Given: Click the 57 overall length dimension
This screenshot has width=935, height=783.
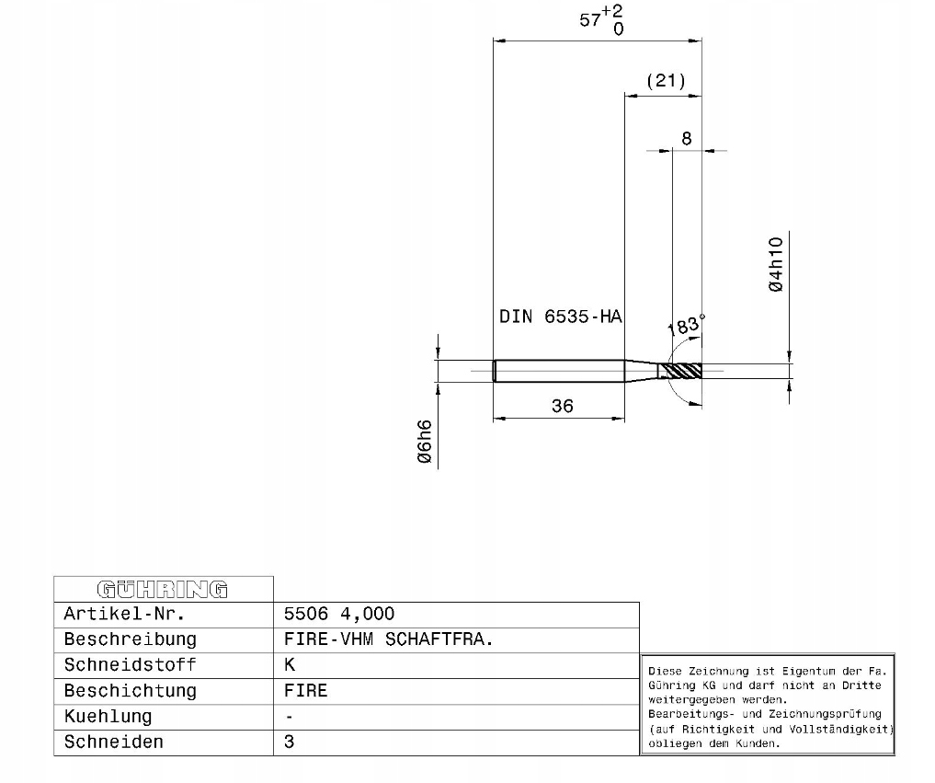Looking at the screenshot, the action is (x=589, y=20).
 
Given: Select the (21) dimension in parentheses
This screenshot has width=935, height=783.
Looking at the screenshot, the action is (x=666, y=81).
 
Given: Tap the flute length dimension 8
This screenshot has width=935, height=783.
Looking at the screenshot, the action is (x=687, y=138).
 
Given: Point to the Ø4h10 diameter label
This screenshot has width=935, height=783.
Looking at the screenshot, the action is (x=776, y=264).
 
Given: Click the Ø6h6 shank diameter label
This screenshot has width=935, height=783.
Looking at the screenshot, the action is (x=425, y=442).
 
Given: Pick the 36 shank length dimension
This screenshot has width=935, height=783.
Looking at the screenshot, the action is (x=563, y=407).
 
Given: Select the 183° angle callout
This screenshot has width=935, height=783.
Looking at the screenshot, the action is (x=686, y=325).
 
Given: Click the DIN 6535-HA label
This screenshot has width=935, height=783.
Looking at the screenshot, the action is (x=561, y=317).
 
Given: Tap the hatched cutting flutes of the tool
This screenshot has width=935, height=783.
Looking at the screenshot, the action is (x=683, y=371).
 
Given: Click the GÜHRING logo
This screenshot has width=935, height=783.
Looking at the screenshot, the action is (x=162, y=590).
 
